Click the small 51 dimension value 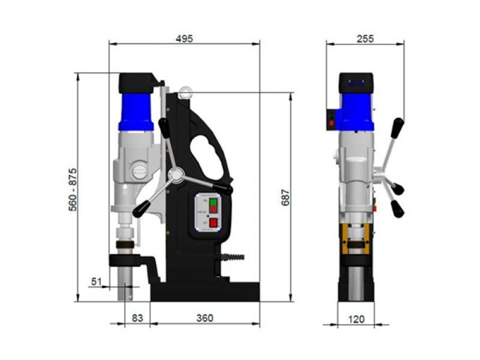coord(98,280)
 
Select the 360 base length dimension coord(205,318)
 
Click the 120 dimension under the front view coord(357,318)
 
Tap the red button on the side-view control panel coord(214,222)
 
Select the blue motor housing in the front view coord(357,110)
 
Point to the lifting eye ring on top coord(186,92)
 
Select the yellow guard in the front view coord(357,242)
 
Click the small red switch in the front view coord(332,124)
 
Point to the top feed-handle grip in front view coord(397,129)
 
